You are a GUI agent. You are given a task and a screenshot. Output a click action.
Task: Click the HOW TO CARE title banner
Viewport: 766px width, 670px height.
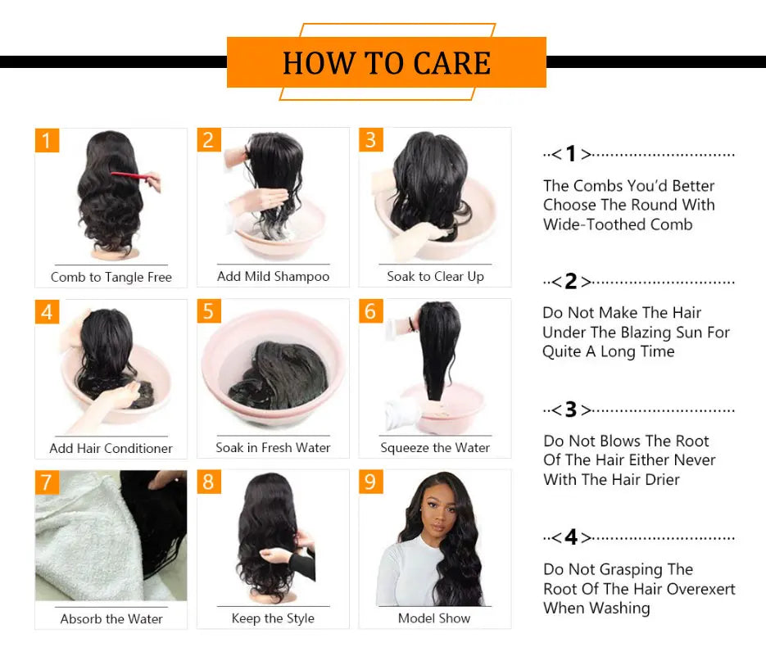pyautogui.click(x=386, y=63)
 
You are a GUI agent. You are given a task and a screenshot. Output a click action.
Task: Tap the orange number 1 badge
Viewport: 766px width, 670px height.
pyautogui.click(x=47, y=141)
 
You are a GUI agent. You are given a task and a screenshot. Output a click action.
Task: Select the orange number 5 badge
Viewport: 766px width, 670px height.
pyautogui.click(x=209, y=312)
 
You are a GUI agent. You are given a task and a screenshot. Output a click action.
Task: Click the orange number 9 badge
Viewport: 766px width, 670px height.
pyautogui.click(x=370, y=482)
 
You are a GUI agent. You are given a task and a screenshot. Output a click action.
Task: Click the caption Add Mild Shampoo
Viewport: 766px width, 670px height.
pyautogui.click(x=273, y=277)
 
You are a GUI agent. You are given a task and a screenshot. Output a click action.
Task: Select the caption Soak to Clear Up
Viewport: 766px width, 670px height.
pyautogui.click(x=435, y=277)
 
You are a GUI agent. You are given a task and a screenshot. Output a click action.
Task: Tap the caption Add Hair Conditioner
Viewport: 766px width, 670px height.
pyautogui.click(x=111, y=448)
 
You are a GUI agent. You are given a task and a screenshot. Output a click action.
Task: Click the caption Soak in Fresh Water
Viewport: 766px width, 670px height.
pyautogui.click(x=273, y=448)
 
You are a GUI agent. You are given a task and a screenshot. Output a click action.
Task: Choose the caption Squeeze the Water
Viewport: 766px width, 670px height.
pyautogui.click(x=435, y=448)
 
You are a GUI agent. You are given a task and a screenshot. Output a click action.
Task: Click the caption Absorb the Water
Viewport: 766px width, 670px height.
pyautogui.click(x=111, y=619)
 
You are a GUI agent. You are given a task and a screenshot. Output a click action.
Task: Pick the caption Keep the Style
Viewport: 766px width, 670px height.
pyautogui.click(x=273, y=618)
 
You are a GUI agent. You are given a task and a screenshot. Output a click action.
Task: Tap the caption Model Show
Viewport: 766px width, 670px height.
pyautogui.click(x=434, y=618)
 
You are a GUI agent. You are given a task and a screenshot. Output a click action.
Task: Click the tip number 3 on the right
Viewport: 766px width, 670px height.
pyautogui.click(x=571, y=410)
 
